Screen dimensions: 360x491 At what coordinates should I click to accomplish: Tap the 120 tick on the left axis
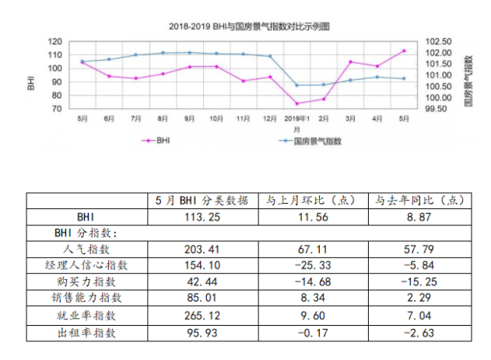click(55, 41)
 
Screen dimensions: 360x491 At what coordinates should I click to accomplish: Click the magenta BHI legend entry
click(156, 141)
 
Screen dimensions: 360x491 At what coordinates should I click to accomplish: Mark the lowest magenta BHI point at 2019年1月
click(296, 103)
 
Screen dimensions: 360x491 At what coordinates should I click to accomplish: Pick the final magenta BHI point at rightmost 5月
click(404, 51)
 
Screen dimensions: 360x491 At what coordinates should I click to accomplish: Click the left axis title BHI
click(30, 75)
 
